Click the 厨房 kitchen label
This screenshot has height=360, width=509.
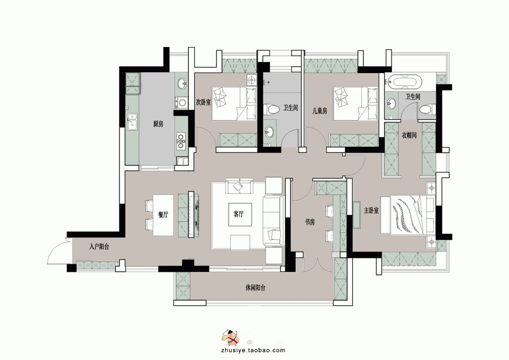click(x=158, y=124)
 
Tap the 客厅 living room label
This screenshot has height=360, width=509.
click(x=239, y=214)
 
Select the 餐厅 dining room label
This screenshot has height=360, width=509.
click(x=163, y=215)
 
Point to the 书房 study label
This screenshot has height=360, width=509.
click(x=310, y=222)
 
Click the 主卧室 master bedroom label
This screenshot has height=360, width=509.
click(x=371, y=211)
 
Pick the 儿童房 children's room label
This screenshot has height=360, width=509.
click(x=320, y=111)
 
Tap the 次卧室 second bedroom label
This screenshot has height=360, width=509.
click(x=203, y=102)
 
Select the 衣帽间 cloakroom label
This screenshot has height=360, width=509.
click(x=409, y=135)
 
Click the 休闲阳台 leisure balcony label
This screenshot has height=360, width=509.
click(x=256, y=288)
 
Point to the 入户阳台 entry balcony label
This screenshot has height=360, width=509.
click(x=99, y=247)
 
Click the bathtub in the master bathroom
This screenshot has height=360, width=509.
click(x=406, y=82)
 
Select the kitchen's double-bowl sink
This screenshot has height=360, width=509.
click(x=132, y=122)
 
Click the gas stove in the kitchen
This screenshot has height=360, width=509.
click(x=181, y=140)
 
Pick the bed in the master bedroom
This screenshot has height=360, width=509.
click(x=412, y=215)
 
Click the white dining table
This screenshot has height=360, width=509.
click(x=163, y=215)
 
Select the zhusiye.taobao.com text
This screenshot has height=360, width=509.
click(x=253, y=350)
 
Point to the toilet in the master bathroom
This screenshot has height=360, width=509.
click(x=427, y=109)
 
